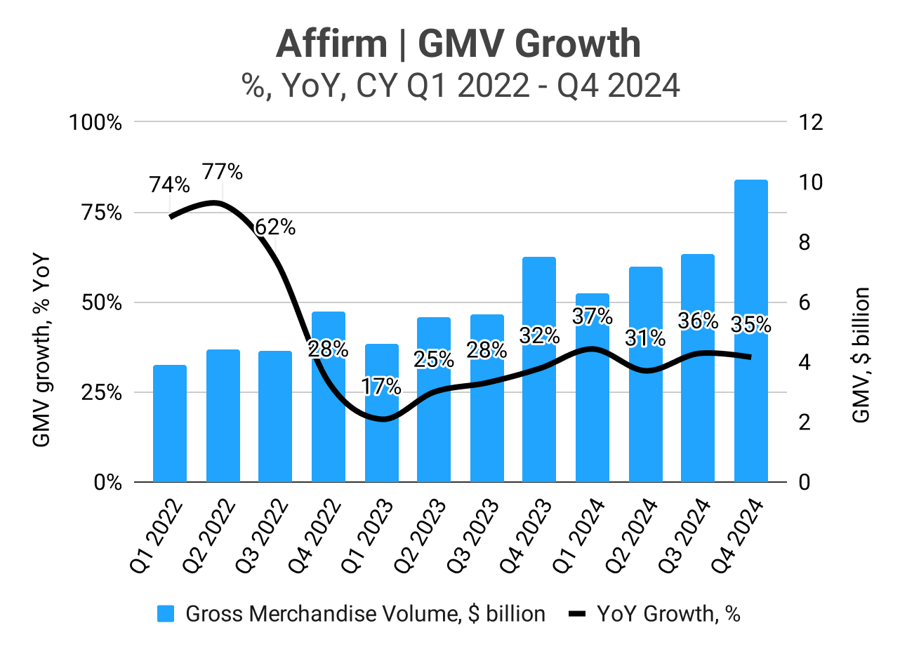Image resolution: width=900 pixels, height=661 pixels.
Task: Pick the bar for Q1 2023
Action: click(x=381, y=421)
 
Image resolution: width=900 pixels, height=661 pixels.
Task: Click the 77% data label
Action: click(x=223, y=171)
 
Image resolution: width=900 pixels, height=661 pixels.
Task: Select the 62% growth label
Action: click(x=274, y=227)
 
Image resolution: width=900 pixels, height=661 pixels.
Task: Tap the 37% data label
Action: click(x=593, y=316)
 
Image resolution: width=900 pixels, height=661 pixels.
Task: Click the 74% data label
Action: click(x=169, y=185)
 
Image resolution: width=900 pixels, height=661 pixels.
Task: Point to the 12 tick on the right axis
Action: click(x=809, y=123)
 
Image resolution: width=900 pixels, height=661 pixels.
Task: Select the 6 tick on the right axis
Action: click(x=805, y=303)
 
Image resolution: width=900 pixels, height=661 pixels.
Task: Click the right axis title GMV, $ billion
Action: click(x=861, y=354)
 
